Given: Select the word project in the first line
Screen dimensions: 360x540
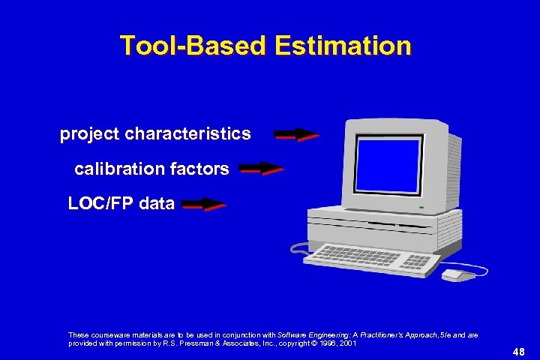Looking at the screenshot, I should [x=90, y=134].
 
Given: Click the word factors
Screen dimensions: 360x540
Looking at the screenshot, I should [x=199, y=169].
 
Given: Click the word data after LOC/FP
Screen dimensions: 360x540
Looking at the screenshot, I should [x=155, y=203].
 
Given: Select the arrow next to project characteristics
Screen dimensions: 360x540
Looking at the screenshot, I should [x=296, y=135].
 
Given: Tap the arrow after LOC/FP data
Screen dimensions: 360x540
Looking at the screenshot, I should [x=203, y=204].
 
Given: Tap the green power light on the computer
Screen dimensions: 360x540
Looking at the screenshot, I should [x=421, y=206].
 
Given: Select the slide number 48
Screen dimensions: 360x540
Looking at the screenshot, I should [x=518, y=351].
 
